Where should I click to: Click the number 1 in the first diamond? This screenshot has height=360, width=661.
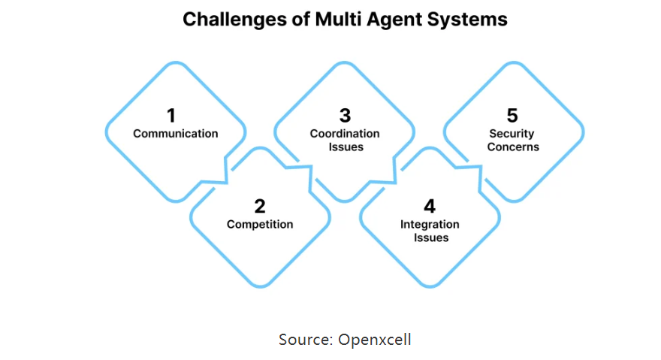171,116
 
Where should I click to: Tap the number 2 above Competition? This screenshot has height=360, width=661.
260,207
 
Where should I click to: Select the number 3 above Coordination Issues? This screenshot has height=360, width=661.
345,116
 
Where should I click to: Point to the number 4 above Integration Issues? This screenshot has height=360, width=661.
430,207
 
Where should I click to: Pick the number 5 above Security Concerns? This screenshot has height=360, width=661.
512,116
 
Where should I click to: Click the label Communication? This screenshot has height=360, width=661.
175,134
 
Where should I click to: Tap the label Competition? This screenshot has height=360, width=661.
260,225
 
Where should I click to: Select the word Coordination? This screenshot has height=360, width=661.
345,134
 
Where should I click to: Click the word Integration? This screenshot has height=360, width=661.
430,225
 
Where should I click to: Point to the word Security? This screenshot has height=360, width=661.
512,134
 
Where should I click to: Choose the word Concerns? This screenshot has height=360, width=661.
513,147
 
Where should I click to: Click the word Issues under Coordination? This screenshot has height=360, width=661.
346,147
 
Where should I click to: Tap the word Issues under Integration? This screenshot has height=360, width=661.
431,237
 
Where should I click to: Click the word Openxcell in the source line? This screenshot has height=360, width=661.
375,340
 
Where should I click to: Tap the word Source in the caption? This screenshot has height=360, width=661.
306,340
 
